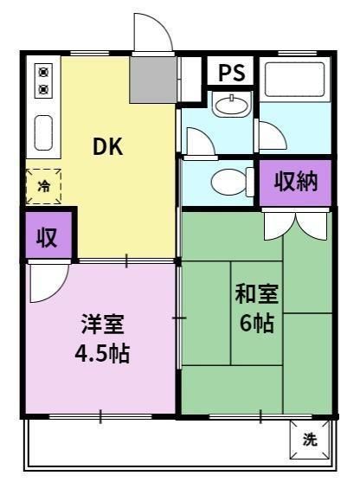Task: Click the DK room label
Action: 108,146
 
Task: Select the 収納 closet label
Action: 296,181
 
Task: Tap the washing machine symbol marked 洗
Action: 309,439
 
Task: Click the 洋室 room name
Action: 102,325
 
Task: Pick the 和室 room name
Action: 257,294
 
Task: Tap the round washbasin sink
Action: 231,106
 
